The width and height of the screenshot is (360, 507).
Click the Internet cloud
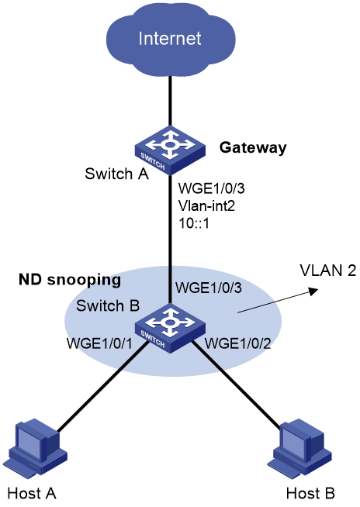tap(170, 39)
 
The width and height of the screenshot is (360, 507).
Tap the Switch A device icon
tap(170, 150)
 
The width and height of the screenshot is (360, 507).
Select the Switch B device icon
tap(170, 328)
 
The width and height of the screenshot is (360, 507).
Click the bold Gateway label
tap(253, 148)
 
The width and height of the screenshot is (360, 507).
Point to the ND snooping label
tap(70, 280)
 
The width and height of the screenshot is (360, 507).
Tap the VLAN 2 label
tap(327, 271)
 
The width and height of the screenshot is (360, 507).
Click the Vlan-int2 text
tap(206, 205)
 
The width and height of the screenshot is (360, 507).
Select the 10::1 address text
tap(194, 223)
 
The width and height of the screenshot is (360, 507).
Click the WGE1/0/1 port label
tap(99, 343)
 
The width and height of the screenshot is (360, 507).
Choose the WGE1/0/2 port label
tap(238, 343)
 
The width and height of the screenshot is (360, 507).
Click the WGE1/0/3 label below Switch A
tap(211, 188)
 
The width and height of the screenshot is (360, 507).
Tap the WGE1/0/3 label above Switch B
tap(209, 288)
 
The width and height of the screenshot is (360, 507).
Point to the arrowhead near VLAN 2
tap(313, 291)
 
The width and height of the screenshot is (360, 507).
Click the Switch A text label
tap(116, 174)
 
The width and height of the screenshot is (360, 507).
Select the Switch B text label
tap(108, 306)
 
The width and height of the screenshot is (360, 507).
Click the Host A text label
tap(32, 494)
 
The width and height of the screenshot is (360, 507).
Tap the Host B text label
tap(310, 494)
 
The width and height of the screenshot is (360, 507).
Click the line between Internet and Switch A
tap(170, 102)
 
